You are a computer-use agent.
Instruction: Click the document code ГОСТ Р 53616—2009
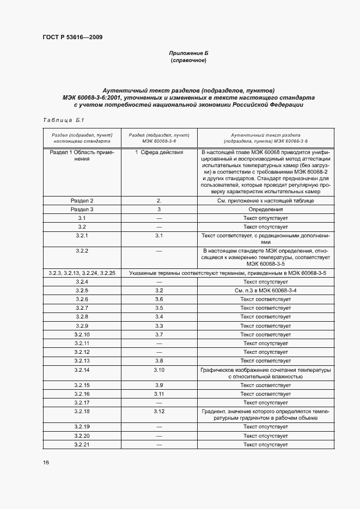point(72,38)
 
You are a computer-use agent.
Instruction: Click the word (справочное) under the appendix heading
point(188,60)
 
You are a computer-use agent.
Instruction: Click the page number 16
point(46,462)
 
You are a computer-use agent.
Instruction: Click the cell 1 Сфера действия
point(159,153)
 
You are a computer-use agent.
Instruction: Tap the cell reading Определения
point(266,209)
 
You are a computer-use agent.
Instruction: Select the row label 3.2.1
point(82,235)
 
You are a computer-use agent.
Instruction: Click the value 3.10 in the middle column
point(159,370)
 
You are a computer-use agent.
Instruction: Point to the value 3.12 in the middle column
point(159,411)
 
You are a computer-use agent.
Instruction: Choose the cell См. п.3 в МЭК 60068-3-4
point(266,291)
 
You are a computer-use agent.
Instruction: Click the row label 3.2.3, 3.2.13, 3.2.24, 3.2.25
point(82,273)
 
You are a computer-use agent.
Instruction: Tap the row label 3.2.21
point(82,445)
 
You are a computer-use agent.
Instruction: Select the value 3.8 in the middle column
point(159,360)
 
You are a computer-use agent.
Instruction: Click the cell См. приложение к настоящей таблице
point(266,201)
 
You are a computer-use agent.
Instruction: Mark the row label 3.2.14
point(82,370)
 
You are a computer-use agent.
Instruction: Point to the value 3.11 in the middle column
point(159,394)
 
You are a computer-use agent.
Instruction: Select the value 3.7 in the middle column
point(159,334)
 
